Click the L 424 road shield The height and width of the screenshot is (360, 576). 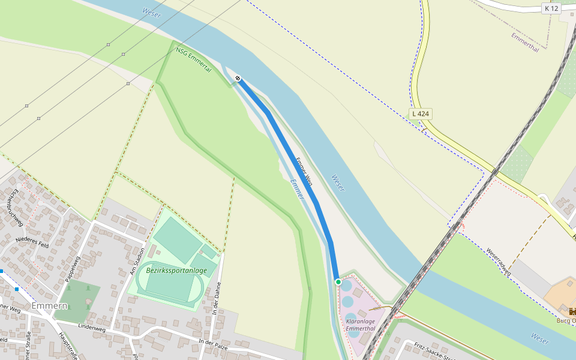(421, 113)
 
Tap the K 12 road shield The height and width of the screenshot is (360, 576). (551, 8)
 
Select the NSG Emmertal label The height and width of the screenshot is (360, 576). (194, 60)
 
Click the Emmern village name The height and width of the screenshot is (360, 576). (49, 305)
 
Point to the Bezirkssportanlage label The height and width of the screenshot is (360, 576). (176, 271)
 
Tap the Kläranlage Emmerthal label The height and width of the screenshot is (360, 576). (361, 325)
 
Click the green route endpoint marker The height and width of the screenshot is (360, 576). (338, 282)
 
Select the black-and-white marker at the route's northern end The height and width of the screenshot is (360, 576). (238, 79)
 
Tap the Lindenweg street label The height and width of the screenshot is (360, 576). (92, 328)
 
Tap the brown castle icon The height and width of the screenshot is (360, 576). (572, 311)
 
